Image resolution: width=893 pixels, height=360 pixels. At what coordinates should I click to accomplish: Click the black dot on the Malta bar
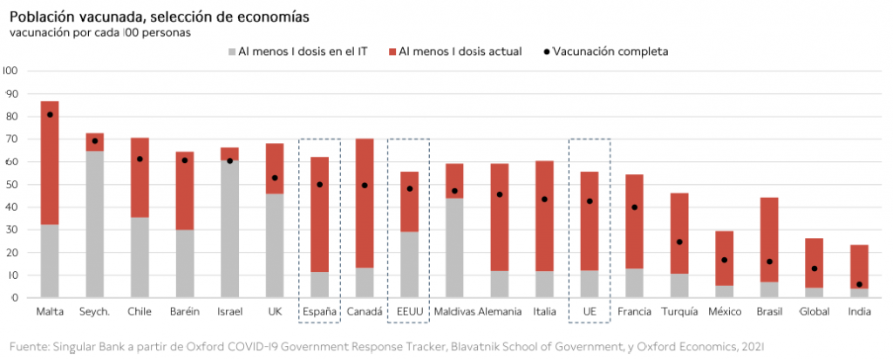50,115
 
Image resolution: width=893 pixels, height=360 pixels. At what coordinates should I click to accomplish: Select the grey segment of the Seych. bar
95,224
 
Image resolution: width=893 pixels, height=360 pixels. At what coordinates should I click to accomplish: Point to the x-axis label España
318,311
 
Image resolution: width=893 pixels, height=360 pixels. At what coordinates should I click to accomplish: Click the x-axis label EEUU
409,311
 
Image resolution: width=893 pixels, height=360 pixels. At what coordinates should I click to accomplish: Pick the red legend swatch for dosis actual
392,51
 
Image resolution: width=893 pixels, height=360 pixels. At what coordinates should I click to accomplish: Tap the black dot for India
860,284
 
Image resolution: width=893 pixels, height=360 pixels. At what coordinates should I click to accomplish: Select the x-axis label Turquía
679,311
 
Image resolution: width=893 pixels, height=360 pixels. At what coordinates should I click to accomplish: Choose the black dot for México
724,260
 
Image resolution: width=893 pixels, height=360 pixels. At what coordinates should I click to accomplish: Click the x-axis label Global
815,311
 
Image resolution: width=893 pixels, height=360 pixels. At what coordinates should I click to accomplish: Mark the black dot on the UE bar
590,201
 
